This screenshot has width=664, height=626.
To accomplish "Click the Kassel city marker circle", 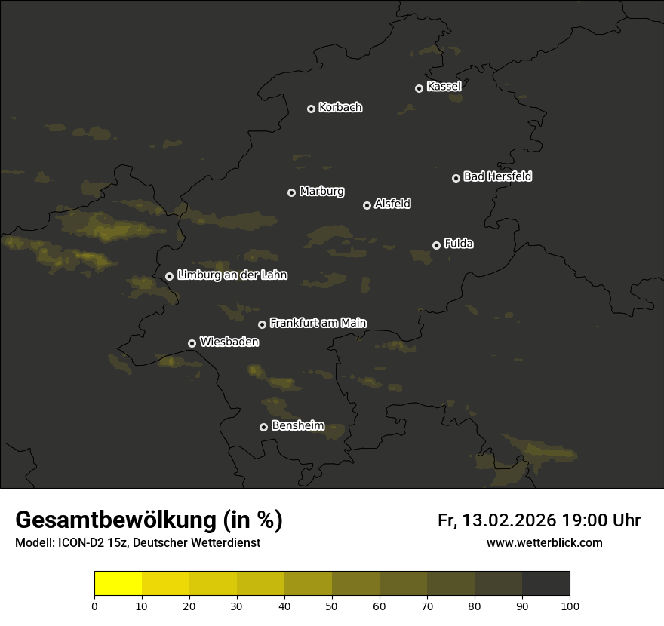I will point(419,88).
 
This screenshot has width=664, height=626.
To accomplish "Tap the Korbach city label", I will point(340,107).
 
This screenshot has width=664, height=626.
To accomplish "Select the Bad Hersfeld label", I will point(497,176).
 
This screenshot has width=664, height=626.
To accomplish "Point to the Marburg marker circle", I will point(291,192).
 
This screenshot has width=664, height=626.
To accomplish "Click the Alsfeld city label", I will point(392,204).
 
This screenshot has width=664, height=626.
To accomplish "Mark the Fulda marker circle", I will point(436,245).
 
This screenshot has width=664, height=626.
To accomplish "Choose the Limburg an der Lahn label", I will point(232,275).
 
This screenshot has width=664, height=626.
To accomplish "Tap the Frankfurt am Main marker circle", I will point(262,324).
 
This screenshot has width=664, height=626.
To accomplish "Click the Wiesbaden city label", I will point(229,342).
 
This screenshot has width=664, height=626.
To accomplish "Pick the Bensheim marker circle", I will point(263,427).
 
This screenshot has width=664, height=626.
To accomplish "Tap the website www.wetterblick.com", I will point(545,542).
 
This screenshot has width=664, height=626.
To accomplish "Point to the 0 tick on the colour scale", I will point(94,605).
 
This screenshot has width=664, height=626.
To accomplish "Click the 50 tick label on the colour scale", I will point(332,605).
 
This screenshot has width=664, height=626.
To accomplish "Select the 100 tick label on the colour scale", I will point(570,605).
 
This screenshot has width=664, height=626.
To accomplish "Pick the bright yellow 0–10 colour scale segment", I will point(118,583).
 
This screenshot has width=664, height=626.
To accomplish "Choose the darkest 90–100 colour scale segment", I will point(546,583).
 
